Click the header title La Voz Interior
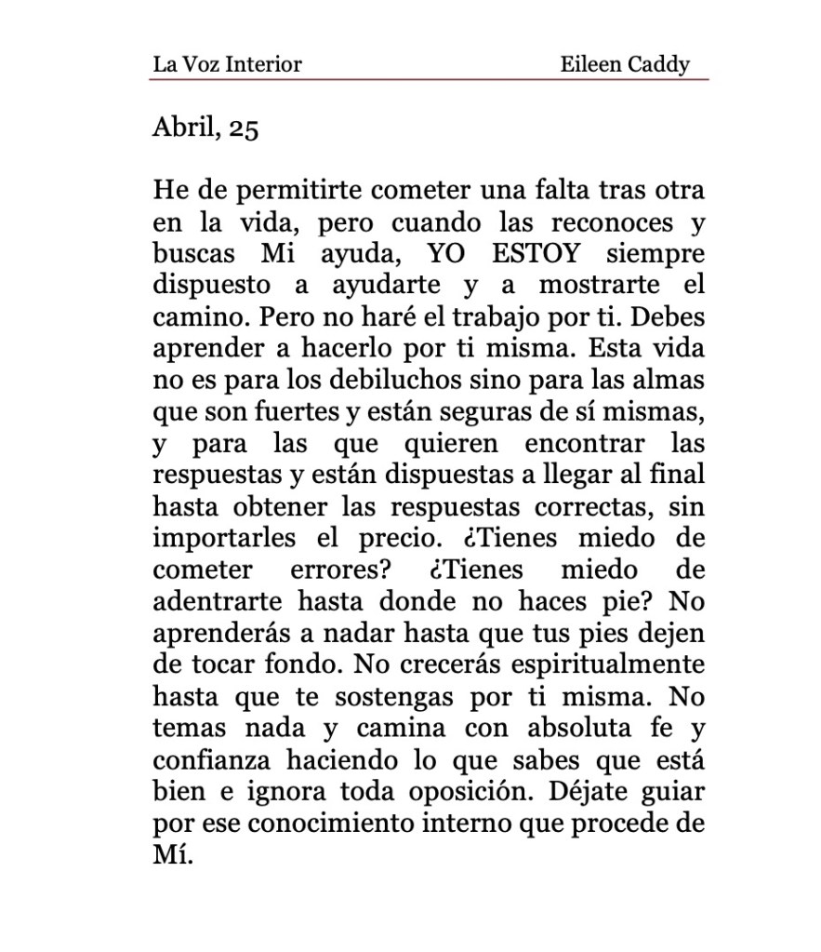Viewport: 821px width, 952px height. [x=227, y=64]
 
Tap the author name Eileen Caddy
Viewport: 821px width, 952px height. [x=625, y=64]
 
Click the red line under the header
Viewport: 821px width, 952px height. [x=428, y=80]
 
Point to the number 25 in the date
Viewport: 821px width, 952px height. [x=243, y=127]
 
